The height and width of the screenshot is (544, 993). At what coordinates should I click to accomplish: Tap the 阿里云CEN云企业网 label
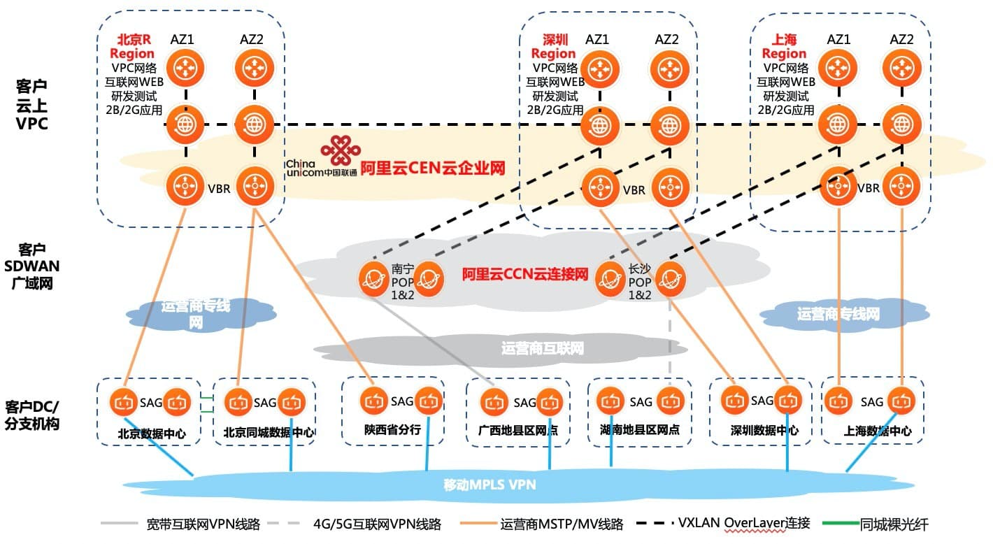click(x=433, y=169)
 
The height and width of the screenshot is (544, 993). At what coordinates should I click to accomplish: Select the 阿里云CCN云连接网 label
click(x=524, y=274)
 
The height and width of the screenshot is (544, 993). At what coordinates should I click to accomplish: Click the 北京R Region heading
click(x=132, y=46)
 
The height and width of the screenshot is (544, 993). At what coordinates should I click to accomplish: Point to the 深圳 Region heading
click(x=553, y=46)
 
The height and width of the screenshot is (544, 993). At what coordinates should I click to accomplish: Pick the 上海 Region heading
click(x=783, y=46)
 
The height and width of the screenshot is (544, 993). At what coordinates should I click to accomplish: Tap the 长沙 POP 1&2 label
click(x=639, y=281)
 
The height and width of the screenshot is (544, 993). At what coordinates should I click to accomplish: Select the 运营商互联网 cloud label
click(x=542, y=348)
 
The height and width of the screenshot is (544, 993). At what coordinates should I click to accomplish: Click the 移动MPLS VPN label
click(x=490, y=484)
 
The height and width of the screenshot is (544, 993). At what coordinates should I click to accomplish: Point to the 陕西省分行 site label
click(x=392, y=429)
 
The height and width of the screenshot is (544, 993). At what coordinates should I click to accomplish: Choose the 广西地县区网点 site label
click(x=518, y=430)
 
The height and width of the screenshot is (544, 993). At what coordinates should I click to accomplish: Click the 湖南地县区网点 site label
click(x=639, y=429)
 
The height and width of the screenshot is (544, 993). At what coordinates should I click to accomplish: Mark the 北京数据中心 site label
click(x=151, y=434)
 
